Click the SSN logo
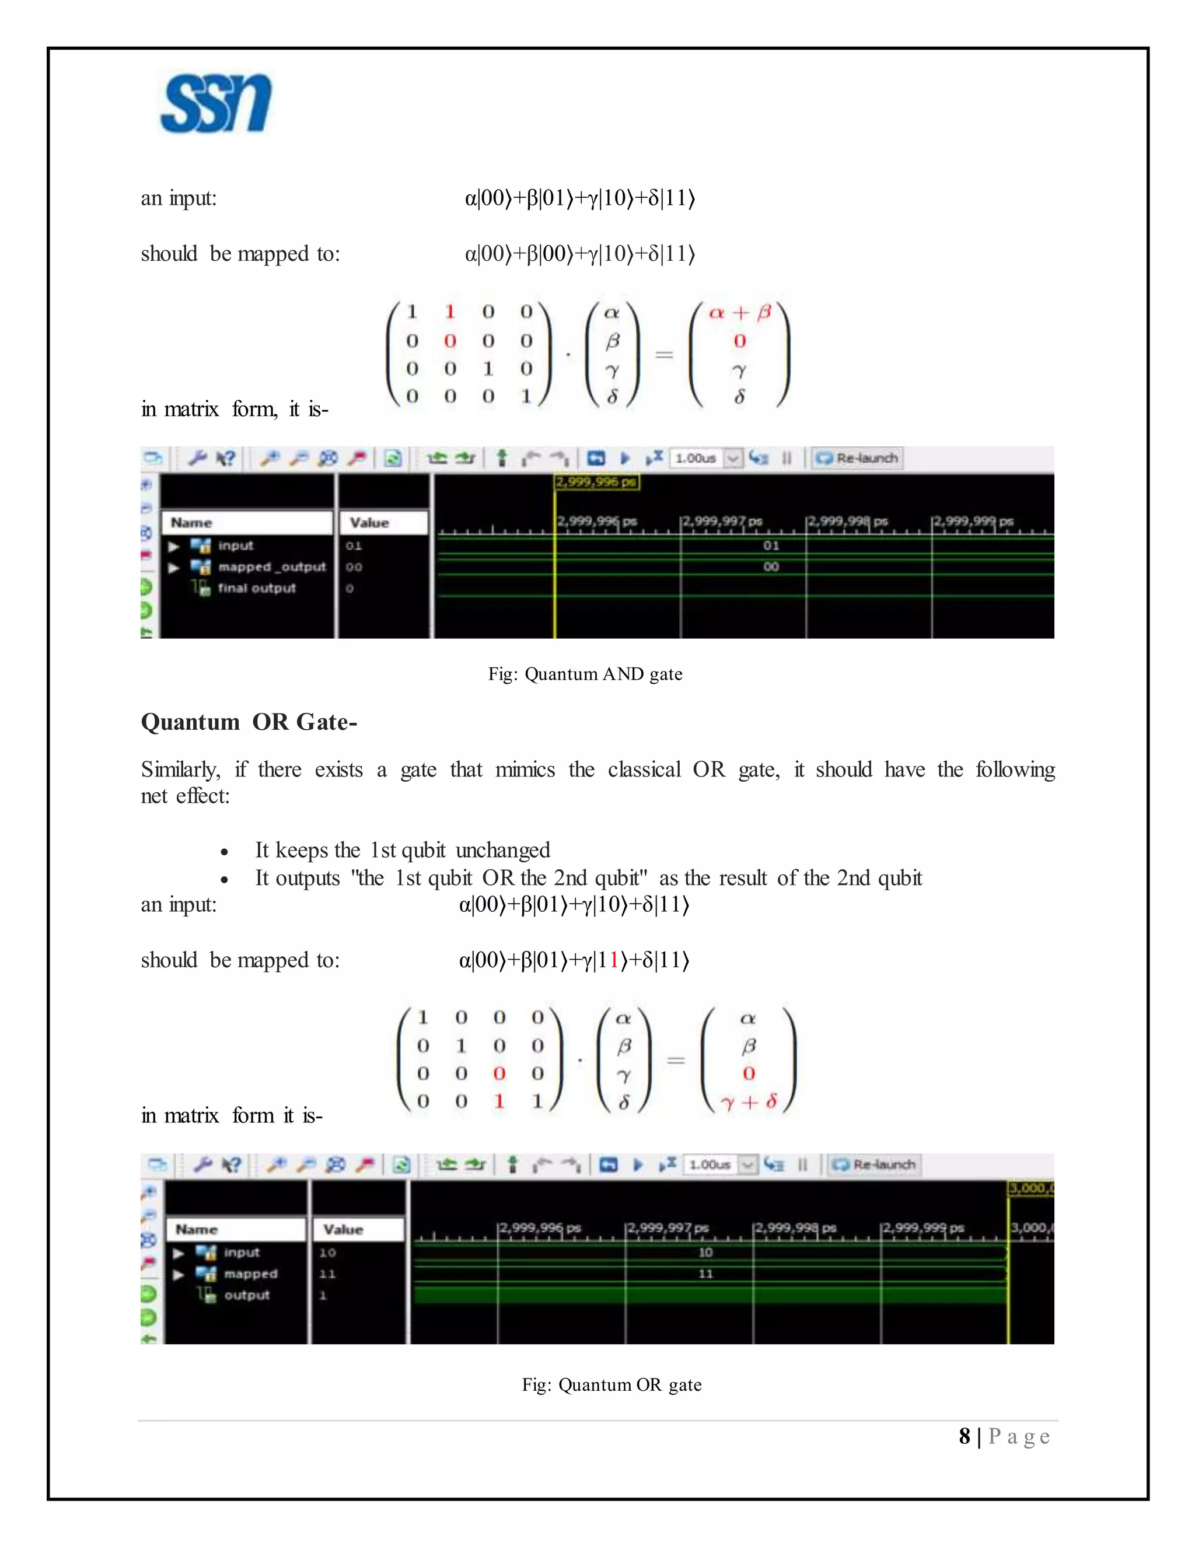215,104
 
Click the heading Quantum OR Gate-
249,722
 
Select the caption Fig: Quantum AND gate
585,674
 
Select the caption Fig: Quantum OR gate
612,1384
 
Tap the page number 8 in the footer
964,1436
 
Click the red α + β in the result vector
740,312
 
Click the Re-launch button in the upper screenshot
857,458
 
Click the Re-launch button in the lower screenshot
875,1164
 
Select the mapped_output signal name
272,567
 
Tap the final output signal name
256,588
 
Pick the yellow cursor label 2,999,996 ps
596,482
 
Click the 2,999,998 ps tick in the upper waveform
847,522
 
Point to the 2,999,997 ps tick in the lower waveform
667,1228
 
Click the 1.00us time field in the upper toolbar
697,458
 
